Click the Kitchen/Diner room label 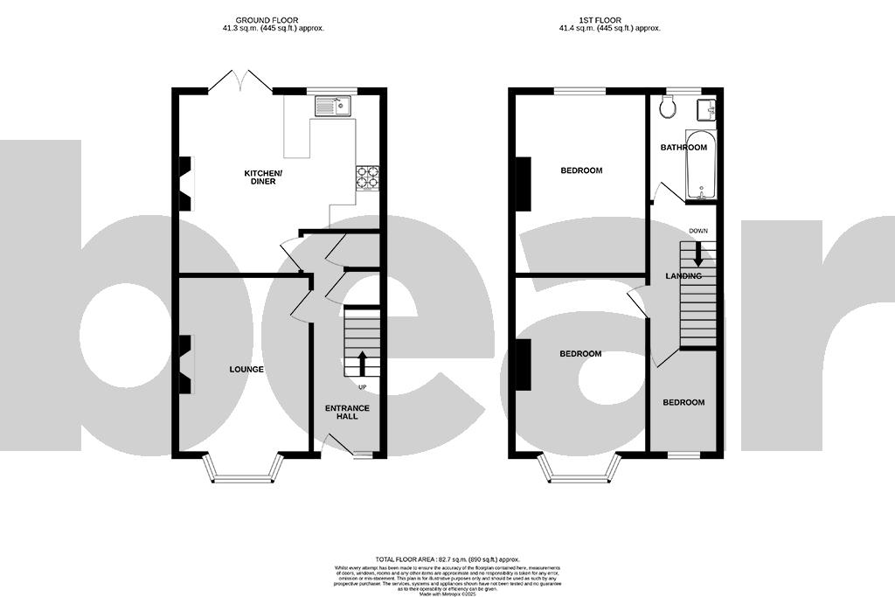(260, 177)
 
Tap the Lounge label (246, 370)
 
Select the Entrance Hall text (347, 412)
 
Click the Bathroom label (683, 148)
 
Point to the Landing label (683, 276)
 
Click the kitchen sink (333, 107)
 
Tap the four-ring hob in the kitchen (367, 177)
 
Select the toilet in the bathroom (669, 108)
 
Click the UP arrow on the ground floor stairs (361, 363)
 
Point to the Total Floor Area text (447, 559)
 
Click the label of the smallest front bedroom (683, 403)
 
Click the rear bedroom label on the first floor (581, 170)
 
